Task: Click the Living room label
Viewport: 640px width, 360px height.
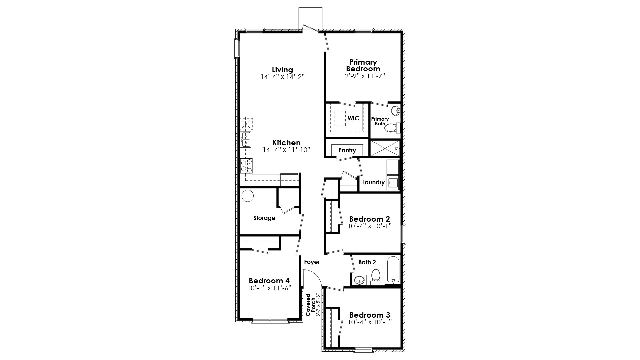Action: (x=282, y=70)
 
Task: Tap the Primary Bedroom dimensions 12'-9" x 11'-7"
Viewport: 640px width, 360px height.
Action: (x=363, y=76)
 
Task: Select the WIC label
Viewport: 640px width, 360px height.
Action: (x=353, y=118)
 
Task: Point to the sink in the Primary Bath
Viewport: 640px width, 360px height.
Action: (x=395, y=111)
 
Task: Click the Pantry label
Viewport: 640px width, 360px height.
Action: (x=347, y=150)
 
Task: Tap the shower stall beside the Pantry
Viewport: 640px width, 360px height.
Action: (x=385, y=148)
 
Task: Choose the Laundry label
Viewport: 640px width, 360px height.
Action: (x=373, y=182)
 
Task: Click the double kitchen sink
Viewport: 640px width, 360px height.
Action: (x=246, y=139)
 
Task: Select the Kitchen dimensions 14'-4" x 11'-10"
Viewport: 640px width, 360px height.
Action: (x=286, y=150)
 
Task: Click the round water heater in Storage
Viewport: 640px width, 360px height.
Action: (x=248, y=196)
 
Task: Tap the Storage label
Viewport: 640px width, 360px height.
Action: (x=264, y=218)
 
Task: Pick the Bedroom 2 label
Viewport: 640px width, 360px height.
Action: (x=369, y=219)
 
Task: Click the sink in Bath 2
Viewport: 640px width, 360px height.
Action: (x=359, y=280)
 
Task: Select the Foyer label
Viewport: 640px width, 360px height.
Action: (x=312, y=262)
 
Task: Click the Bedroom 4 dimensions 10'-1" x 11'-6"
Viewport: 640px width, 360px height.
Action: (x=270, y=288)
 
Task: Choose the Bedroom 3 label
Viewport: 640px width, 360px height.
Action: (x=370, y=315)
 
